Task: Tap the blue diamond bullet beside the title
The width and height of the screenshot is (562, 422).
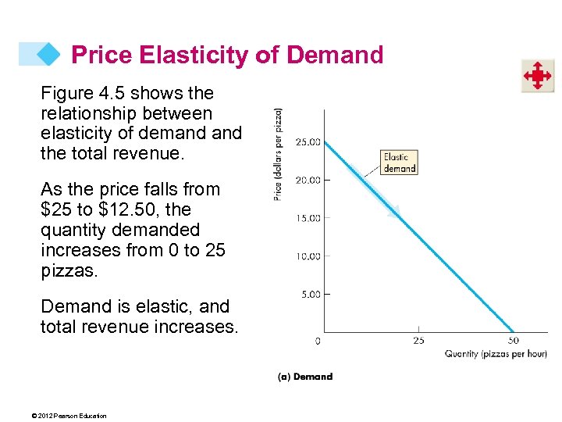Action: click(48, 53)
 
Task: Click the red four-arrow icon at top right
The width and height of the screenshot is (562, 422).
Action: click(537, 76)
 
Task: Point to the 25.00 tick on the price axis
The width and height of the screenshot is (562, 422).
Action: click(307, 142)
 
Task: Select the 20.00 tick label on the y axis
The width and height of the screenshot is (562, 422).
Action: click(307, 180)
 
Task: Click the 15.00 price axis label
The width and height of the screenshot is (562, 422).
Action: click(307, 218)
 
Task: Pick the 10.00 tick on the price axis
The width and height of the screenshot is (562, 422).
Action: click(307, 256)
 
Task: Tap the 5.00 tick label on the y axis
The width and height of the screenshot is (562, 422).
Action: click(309, 294)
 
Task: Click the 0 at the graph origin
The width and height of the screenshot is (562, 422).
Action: click(317, 341)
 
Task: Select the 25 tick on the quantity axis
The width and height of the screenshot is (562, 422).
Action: click(418, 341)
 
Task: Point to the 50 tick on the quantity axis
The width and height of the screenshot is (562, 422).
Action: click(513, 341)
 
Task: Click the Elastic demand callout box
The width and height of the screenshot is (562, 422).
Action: click(398, 162)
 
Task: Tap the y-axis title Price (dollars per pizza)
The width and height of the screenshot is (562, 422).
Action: click(279, 154)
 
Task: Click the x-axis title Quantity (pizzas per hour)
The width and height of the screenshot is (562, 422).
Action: click(495, 354)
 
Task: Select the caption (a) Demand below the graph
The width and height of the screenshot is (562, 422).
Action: click(305, 377)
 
